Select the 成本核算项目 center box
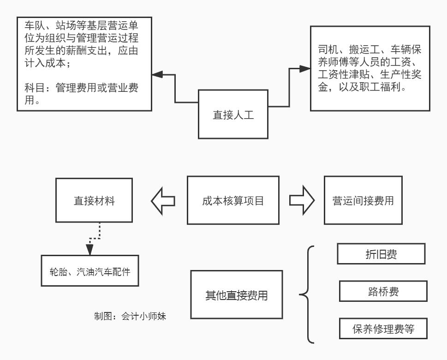click(x=232, y=200)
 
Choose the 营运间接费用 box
click(x=360, y=200)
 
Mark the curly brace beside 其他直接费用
click(x=307, y=294)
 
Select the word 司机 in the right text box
click(x=325, y=49)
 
